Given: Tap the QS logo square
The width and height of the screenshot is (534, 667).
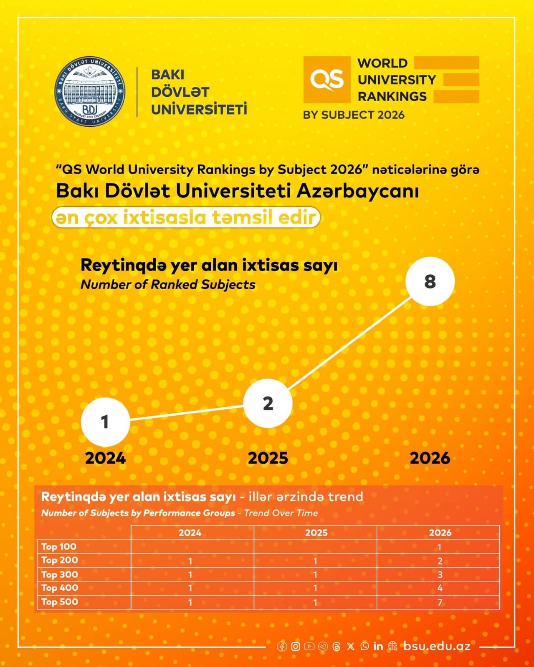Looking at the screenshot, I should [326, 80].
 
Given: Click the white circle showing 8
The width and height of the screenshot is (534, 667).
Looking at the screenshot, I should [430, 281].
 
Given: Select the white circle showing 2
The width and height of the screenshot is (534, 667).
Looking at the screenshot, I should [268, 403].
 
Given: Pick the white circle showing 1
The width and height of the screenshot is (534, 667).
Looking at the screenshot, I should [105, 421].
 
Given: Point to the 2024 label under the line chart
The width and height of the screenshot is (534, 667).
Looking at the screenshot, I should [105, 458].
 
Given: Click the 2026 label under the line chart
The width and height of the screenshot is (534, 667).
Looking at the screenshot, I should [430, 458].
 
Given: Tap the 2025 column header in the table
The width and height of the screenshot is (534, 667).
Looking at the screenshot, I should [316, 533].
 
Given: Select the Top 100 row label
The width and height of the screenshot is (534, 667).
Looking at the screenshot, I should [59, 547].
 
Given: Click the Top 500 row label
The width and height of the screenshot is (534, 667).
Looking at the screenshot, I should [60, 602].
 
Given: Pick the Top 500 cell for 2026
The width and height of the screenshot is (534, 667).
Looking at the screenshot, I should [440, 602].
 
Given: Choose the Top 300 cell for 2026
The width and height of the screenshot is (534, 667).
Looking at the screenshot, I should [440, 575].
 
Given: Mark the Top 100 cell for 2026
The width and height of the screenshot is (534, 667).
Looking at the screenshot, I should [440, 547].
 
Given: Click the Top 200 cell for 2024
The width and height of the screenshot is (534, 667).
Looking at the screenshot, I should [190, 561].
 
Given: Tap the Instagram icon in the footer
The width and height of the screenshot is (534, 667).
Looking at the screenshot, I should [295, 646].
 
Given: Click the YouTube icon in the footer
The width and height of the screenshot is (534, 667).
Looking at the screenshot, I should [309, 646].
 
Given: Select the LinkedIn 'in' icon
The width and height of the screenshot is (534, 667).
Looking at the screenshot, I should [378, 646].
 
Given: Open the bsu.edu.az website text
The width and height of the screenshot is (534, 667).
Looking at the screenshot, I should [437, 646].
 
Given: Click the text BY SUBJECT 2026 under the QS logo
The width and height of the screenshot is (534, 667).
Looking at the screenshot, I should [354, 115].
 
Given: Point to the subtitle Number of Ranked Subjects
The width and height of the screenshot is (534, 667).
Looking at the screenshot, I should [168, 285].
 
